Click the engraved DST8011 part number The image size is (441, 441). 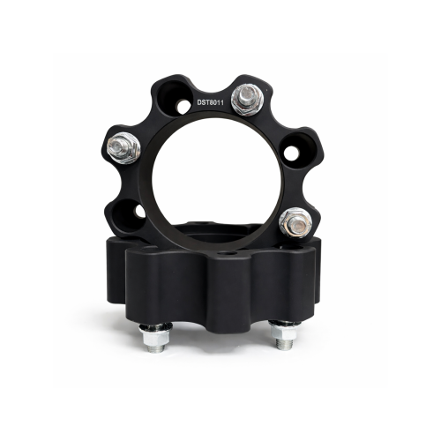[x=210, y=102]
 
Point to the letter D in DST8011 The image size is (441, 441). [x=199, y=102]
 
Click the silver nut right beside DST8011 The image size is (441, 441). [x=247, y=100]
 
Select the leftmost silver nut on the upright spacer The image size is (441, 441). [x=123, y=148]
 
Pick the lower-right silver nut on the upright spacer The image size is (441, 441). [x=295, y=222]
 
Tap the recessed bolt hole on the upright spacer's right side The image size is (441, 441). [x=296, y=151]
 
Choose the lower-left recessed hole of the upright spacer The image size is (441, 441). [x=129, y=215]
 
